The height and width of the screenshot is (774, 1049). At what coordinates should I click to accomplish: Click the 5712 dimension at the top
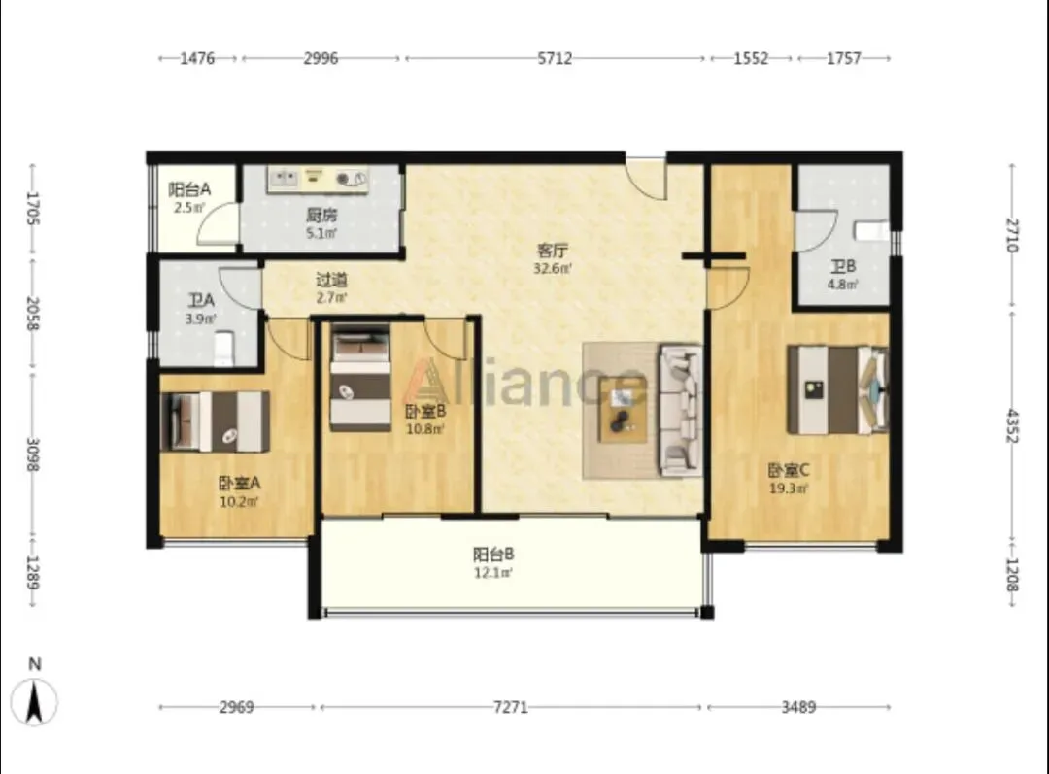pyautogui.click(x=555, y=59)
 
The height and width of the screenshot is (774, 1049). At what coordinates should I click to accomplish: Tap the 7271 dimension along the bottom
pyautogui.click(x=511, y=707)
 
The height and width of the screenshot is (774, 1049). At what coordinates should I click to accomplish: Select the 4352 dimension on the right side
pyautogui.click(x=1011, y=425)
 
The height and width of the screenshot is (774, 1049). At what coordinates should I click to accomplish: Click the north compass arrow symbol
pyautogui.click(x=34, y=701)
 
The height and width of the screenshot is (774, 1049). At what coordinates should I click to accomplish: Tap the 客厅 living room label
pyautogui.click(x=553, y=251)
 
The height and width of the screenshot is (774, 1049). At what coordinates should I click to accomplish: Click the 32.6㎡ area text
pyautogui.click(x=553, y=269)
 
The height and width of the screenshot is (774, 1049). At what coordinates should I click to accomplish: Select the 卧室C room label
pyautogui.click(x=788, y=470)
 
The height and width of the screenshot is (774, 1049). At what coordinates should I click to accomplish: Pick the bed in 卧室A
pyautogui.click(x=216, y=421)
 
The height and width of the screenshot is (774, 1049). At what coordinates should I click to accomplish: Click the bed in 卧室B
pyautogui.click(x=360, y=377)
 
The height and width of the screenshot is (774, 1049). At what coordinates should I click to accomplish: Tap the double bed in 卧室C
pyautogui.click(x=837, y=389)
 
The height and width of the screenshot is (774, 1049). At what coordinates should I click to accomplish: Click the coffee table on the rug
pyautogui.click(x=623, y=410)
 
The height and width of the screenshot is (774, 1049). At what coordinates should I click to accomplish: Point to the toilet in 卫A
pyautogui.click(x=222, y=350)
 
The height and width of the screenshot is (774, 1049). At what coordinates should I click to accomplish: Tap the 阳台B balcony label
pyautogui.click(x=493, y=555)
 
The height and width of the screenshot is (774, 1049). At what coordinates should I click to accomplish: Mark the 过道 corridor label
pyautogui.click(x=331, y=280)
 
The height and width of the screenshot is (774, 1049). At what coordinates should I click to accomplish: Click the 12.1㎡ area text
pyautogui.click(x=493, y=573)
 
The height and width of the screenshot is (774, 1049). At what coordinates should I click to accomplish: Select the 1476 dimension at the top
pyautogui.click(x=197, y=59)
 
